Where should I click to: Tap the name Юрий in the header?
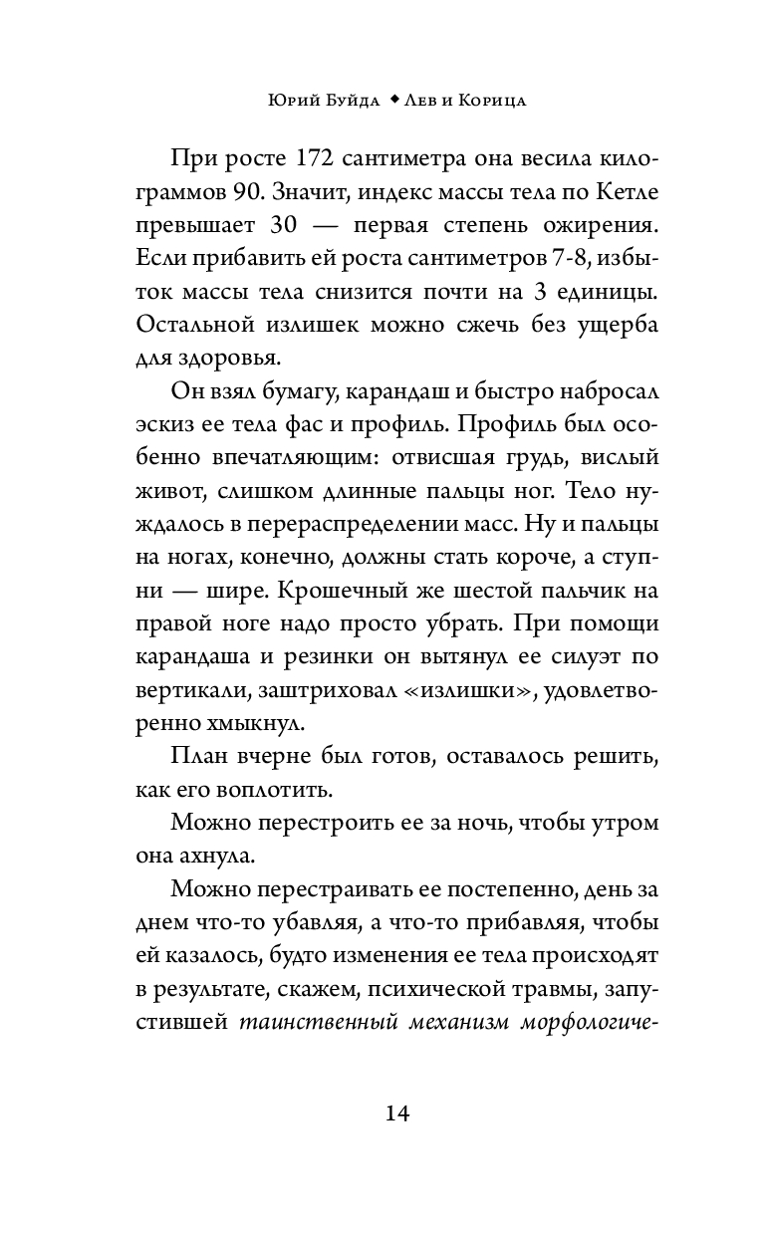tap(291, 101)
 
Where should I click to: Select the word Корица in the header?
tap(494, 101)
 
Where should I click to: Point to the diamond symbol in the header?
tap(394, 101)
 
